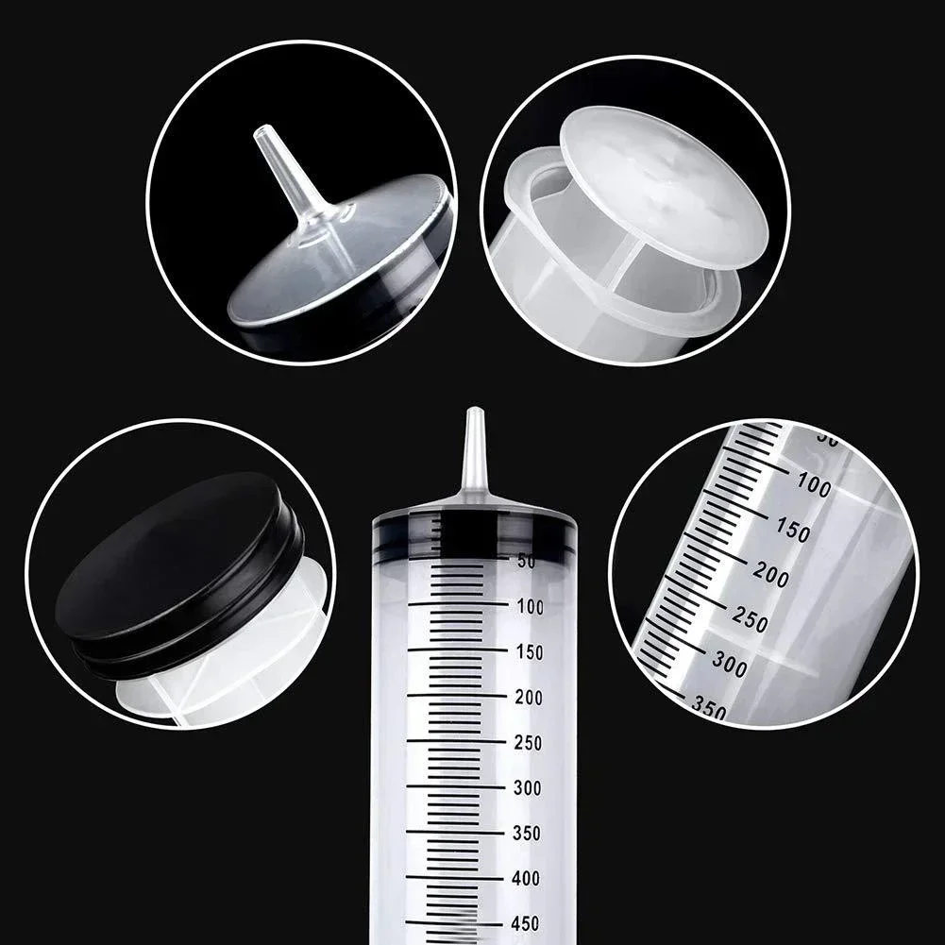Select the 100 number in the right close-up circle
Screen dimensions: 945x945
813,486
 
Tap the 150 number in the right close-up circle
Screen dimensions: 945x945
790,531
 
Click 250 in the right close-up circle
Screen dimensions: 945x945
750,621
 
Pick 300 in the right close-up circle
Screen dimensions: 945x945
730,667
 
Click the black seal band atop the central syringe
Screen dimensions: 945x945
474,533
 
